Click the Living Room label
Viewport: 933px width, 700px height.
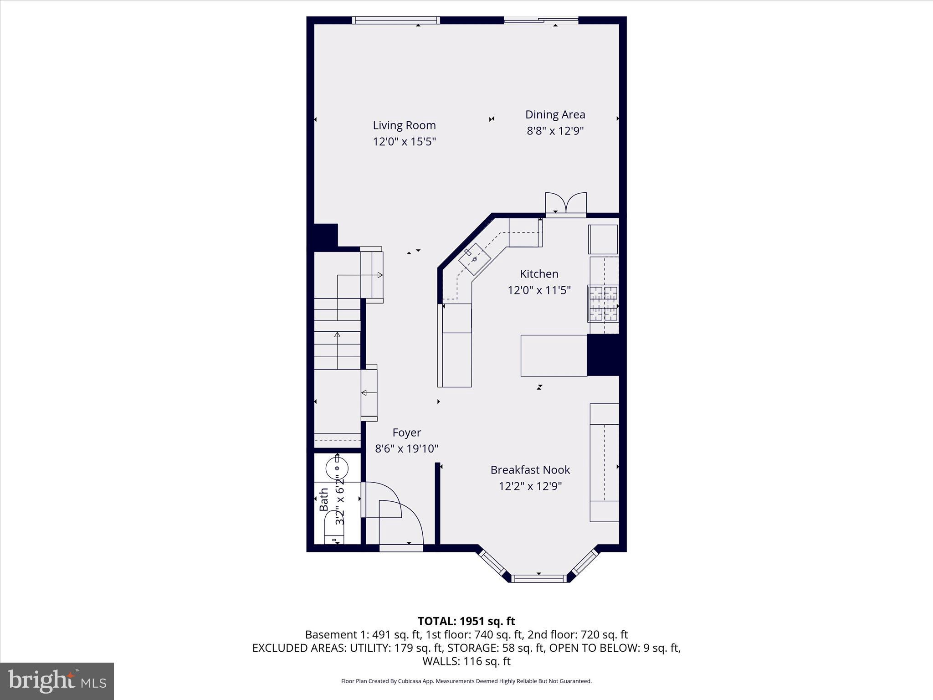404,125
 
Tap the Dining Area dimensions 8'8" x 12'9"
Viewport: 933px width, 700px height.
555,131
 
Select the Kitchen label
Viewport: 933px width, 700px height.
539,274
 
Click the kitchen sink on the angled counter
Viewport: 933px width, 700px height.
474,259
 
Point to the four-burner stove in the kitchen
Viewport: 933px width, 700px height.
603,303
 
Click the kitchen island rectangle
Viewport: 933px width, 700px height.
554,355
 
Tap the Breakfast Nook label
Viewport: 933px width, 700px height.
530,470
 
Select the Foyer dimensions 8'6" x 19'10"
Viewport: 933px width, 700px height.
406,449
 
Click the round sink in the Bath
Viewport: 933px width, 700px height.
337,468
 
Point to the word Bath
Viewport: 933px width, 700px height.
324,499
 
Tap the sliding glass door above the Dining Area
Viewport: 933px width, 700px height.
541,20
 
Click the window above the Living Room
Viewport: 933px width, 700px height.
395,20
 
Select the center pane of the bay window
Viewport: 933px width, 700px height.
538,578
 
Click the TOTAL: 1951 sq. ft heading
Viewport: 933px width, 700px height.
466,621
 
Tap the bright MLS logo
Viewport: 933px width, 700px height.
57,681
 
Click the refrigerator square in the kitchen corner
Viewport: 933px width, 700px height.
603,239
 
